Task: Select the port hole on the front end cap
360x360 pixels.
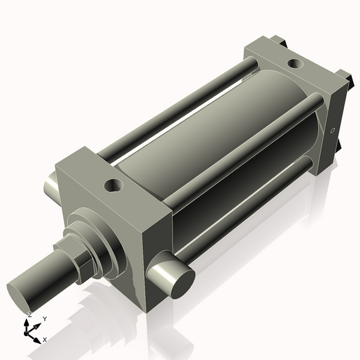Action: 112,186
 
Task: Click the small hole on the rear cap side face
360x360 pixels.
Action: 333,130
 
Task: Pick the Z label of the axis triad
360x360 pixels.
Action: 30,314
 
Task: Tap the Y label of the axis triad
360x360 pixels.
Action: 45,319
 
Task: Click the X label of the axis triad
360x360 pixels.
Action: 45,340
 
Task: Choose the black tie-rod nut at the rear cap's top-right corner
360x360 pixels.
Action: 343,76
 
